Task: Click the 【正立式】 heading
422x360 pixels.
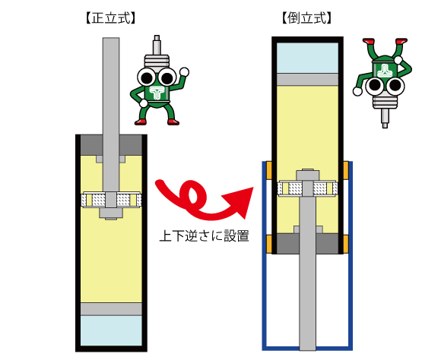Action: pyautogui.click(x=110, y=18)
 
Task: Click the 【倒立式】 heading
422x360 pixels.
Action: pyautogui.click(x=307, y=18)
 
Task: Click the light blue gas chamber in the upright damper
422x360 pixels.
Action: pyautogui.click(x=111, y=330)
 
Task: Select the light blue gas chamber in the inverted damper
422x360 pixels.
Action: pyautogui.click(x=307, y=58)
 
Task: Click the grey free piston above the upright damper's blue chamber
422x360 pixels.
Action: pyautogui.click(x=111, y=309)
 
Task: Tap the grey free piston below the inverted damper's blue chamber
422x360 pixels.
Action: pyautogui.click(x=307, y=79)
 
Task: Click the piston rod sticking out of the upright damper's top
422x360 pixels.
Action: pyautogui.click(x=111, y=86)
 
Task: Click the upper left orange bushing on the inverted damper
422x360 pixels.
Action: pyautogui.click(x=269, y=170)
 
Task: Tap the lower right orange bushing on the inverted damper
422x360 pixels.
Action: pyautogui.click(x=346, y=244)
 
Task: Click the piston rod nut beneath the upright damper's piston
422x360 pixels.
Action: pyautogui.click(x=111, y=213)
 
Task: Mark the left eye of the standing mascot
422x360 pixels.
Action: pyautogui.click(x=147, y=77)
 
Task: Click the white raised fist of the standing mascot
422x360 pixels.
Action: pyautogui.click(x=185, y=72)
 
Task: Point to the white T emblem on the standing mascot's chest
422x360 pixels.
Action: pyautogui.click(x=158, y=93)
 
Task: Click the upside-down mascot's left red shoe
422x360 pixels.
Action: pyautogui.click(x=369, y=41)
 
